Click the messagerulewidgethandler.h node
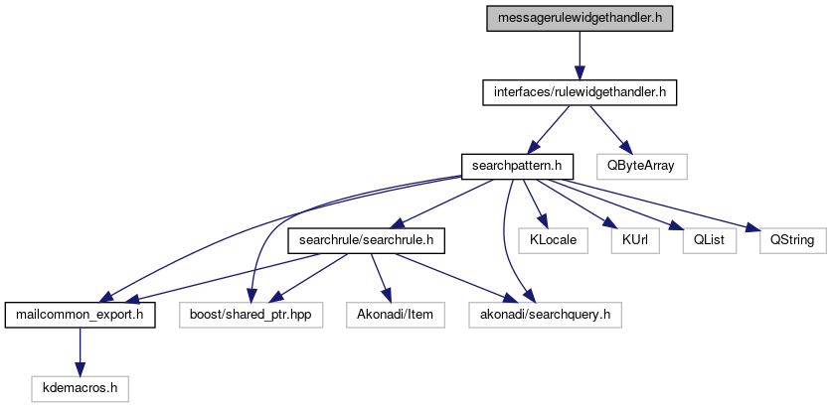point(580,18)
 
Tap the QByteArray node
point(641,165)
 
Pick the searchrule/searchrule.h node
point(366,240)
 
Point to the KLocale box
point(551,240)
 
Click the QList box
point(701,240)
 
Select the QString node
point(786,240)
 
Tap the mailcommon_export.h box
point(79,316)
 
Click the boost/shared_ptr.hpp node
point(251,316)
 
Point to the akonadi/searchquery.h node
point(545,316)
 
